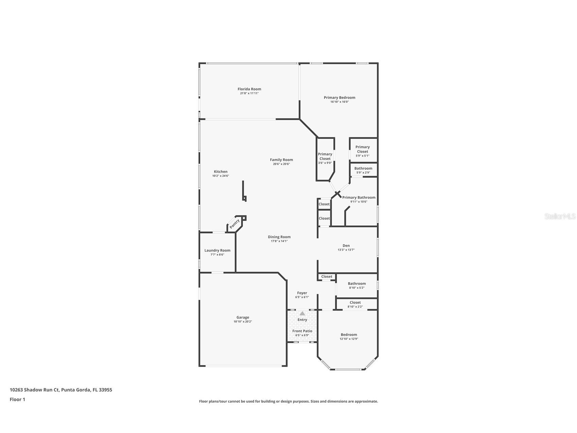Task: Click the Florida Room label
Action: click(x=249, y=89)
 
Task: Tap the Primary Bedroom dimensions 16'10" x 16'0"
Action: click(x=339, y=102)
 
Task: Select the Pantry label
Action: click(x=235, y=224)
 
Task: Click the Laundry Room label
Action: click(x=217, y=251)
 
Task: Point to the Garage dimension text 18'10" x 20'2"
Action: click(x=242, y=322)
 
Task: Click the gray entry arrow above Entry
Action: click(x=302, y=313)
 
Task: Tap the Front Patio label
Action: click(x=302, y=331)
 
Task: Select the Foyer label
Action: click(x=302, y=293)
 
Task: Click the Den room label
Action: click(x=346, y=245)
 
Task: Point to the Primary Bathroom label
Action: click(x=359, y=197)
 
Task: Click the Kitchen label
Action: click(x=220, y=172)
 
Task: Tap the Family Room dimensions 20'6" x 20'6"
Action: click(x=281, y=164)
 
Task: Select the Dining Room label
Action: click(x=279, y=237)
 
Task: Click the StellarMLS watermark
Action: click(x=560, y=216)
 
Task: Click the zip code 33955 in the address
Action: click(x=105, y=390)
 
